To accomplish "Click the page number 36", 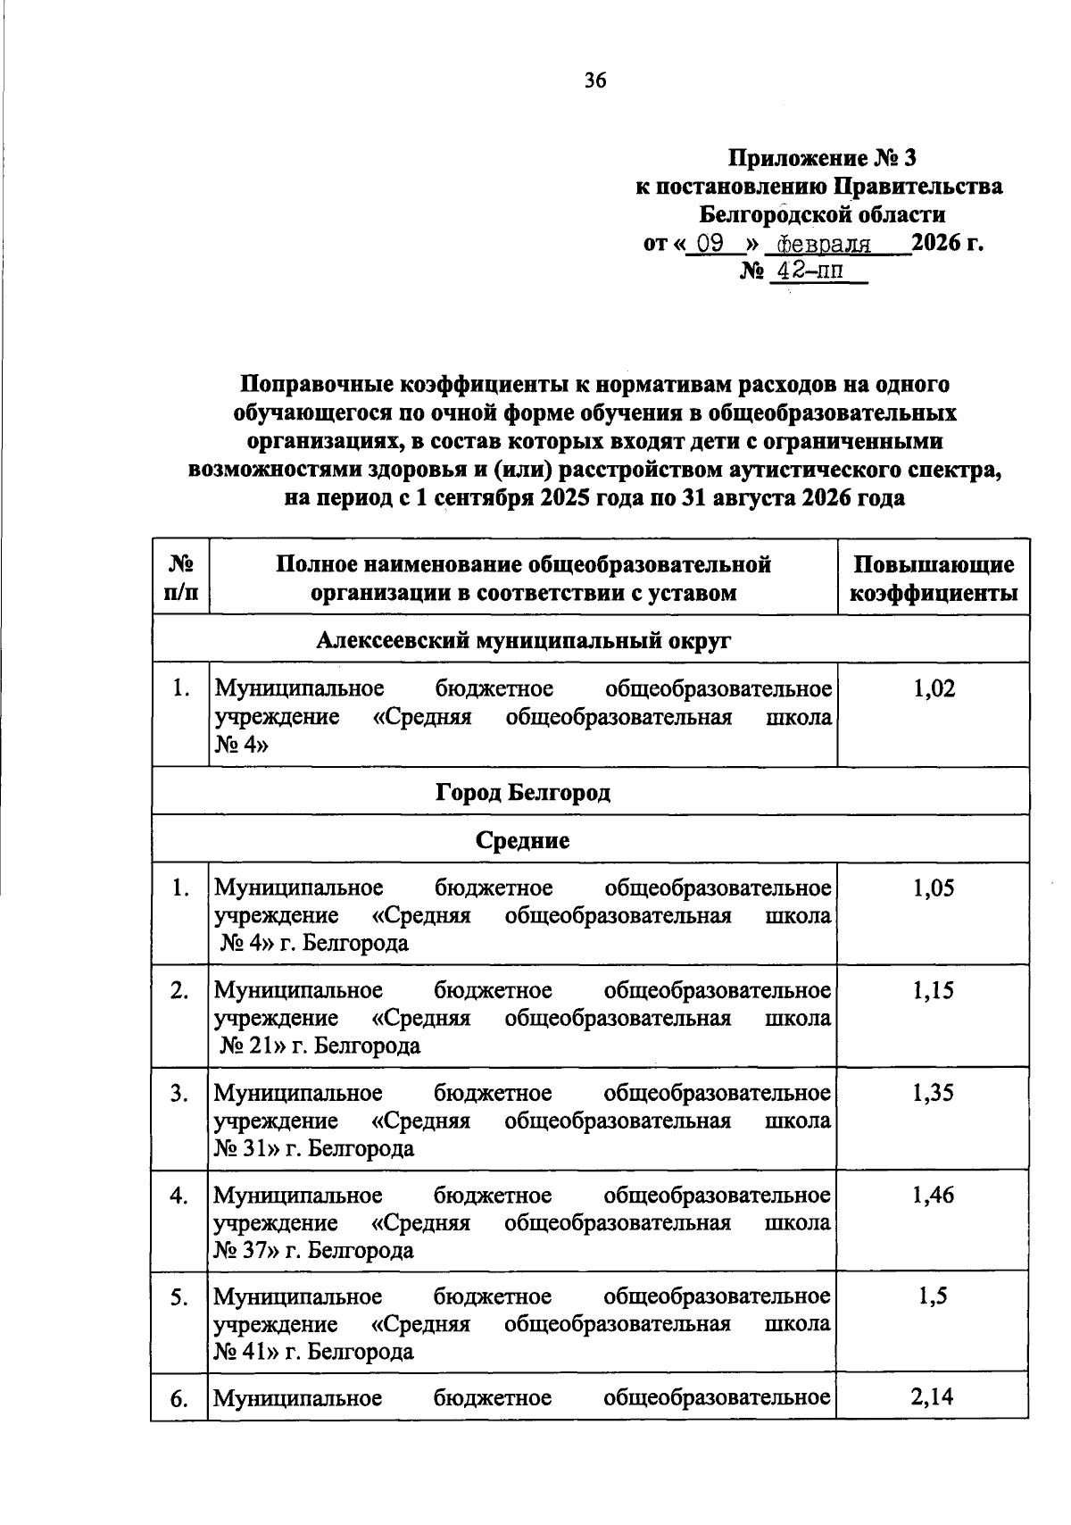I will [595, 81].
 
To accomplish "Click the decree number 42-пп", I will [809, 271].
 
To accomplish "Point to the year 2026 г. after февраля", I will [948, 243].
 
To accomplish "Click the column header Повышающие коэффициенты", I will [934, 579].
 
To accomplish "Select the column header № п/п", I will [181, 579].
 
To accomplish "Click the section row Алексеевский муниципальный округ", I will [523, 640].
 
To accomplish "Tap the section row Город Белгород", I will [523, 792].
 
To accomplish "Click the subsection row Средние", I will [523, 840].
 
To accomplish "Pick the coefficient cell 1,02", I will [934, 688].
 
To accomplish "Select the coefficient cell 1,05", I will [934, 888].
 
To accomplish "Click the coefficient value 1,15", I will [934, 990].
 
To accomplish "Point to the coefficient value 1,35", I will [934, 1093].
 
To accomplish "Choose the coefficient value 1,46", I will [934, 1195].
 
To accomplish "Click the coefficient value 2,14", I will [934, 1396].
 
